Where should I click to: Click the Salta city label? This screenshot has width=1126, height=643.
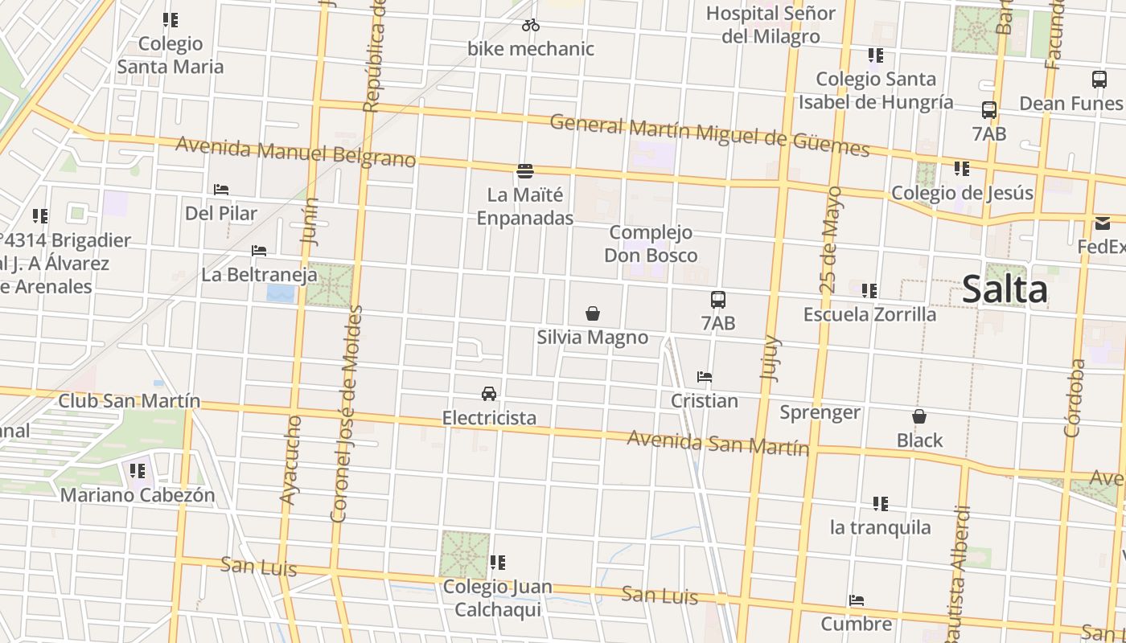click(x=1005, y=290)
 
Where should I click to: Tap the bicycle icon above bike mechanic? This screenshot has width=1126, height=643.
click(x=531, y=25)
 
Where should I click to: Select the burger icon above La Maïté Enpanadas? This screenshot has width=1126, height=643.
click(x=525, y=170)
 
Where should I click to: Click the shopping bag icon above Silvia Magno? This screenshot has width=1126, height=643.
click(x=593, y=313)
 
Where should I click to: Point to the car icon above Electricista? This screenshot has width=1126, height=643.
click(x=488, y=394)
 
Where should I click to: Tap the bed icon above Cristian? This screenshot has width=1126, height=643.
click(x=705, y=376)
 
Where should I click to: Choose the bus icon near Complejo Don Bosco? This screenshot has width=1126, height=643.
click(x=718, y=300)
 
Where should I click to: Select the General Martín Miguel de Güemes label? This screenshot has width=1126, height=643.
click(x=709, y=136)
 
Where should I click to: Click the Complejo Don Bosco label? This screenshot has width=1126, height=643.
click(x=651, y=244)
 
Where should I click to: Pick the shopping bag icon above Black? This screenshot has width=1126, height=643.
click(x=919, y=416)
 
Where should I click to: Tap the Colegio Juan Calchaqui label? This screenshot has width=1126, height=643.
click(x=498, y=597)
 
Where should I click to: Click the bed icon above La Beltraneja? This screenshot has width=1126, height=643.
click(x=259, y=251)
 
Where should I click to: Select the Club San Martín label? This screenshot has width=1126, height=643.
click(x=129, y=401)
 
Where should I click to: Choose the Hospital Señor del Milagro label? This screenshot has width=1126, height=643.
click(x=771, y=24)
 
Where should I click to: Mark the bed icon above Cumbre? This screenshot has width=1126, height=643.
click(x=857, y=600)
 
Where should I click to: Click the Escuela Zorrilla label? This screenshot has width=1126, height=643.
click(x=869, y=313)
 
